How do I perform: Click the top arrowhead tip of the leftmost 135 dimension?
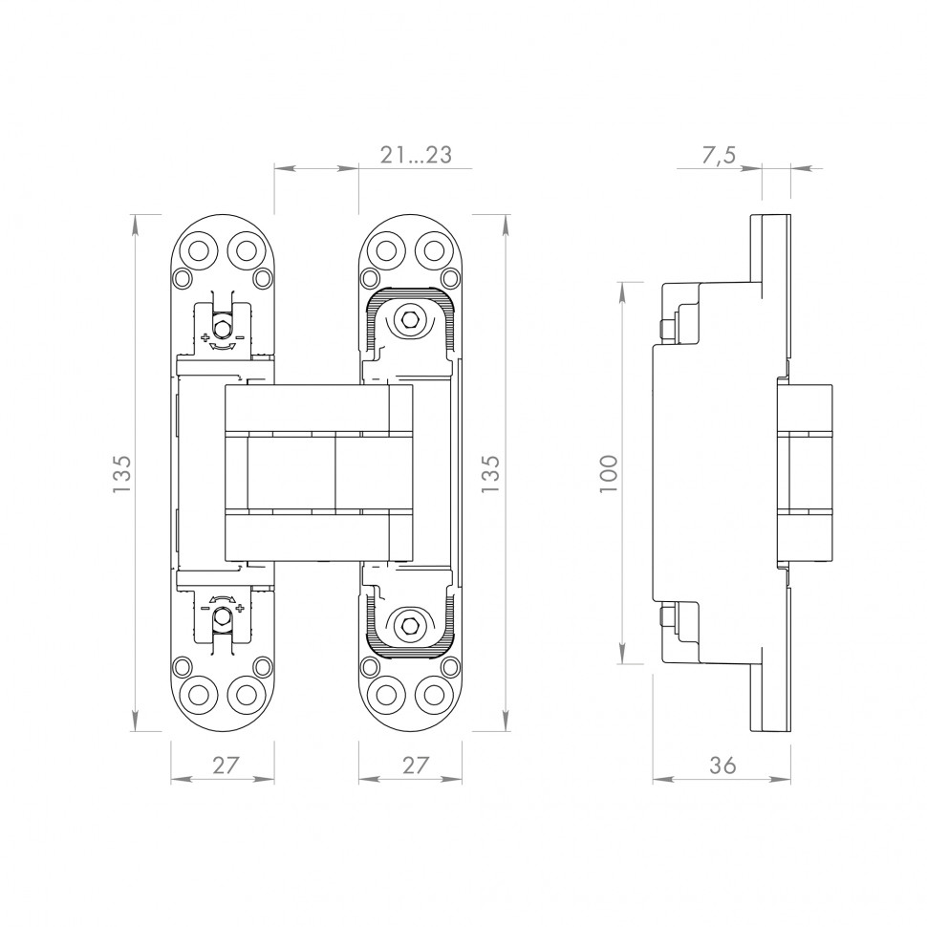(x=137, y=215)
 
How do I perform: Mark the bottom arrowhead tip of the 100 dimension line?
(x=622, y=664)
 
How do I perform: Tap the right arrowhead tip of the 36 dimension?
(x=790, y=780)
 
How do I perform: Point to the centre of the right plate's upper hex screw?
(x=408, y=319)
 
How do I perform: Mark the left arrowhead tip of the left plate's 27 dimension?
(x=171, y=780)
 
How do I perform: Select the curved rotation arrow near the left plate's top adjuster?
(x=222, y=347)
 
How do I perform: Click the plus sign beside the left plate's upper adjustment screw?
(x=205, y=337)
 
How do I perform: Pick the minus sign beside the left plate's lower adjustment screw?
(x=205, y=608)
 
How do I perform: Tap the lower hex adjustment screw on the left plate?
(x=222, y=616)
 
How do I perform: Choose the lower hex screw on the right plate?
(x=408, y=625)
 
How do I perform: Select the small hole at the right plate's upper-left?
(x=370, y=277)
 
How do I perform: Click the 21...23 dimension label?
(x=416, y=155)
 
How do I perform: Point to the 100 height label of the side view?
(x=609, y=474)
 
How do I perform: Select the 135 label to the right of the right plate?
(x=490, y=474)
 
